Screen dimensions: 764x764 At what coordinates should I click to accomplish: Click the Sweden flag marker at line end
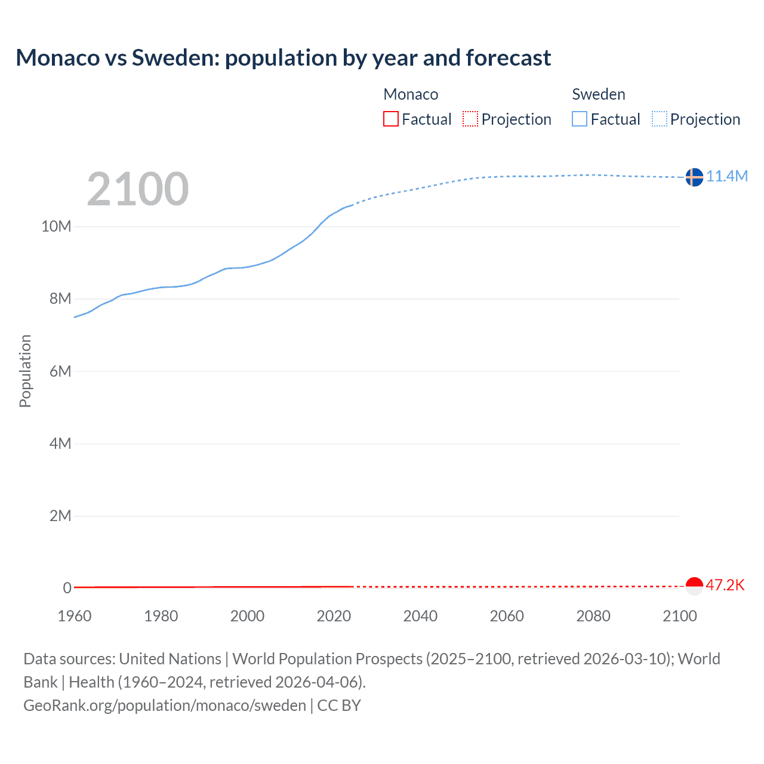click(x=694, y=177)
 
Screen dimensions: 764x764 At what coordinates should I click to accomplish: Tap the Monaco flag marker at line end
click(x=694, y=586)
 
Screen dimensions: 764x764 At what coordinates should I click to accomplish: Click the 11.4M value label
click(x=727, y=176)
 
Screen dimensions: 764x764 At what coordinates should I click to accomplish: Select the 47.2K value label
click(x=725, y=585)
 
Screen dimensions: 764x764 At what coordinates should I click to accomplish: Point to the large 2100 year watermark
click(x=138, y=189)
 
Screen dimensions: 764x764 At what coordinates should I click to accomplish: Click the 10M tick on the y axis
click(x=56, y=227)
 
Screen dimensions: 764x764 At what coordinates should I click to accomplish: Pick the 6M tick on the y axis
click(x=60, y=371)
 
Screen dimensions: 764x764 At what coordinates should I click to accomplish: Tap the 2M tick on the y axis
click(x=60, y=516)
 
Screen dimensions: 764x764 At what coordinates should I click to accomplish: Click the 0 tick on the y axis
click(x=67, y=588)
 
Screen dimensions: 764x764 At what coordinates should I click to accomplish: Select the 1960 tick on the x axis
click(x=75, y=616)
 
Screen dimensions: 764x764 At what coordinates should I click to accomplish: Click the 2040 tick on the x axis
click(x=420, y=616)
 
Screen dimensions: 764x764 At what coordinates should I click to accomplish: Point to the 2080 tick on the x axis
click(x=593, y=616)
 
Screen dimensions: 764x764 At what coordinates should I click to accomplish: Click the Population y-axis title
click(x=25, y=371)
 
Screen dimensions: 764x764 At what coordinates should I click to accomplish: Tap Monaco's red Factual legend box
click(x=391, y=119)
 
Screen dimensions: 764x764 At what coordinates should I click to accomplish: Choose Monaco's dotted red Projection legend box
click(x=470, y=119)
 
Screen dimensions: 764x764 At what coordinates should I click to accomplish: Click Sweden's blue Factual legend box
click(x=580, y=119)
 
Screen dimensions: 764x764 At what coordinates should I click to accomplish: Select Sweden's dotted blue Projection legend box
click(x=659, y=119)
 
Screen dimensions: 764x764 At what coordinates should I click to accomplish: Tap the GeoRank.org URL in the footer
click(x=165, y=706)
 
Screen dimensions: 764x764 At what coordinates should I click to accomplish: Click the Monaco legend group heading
click(x=411, y=94)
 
